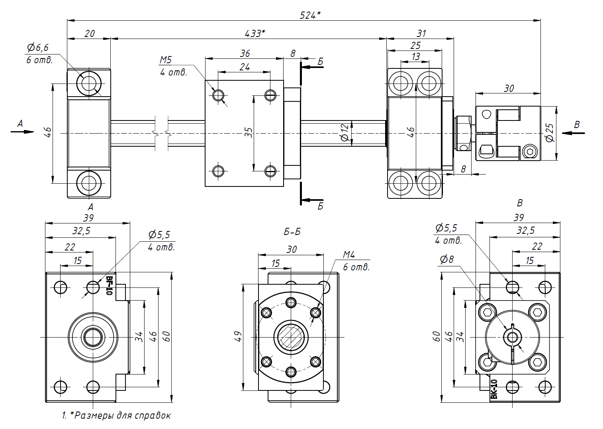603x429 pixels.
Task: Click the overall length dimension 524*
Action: pos(310,15)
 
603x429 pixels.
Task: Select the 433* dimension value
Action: pos(255,33)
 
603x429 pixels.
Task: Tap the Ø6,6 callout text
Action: pos(38,48)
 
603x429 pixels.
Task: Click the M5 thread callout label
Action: pos(166,60)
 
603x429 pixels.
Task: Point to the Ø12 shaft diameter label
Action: pos(345,133)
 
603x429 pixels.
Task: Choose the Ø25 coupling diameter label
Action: pos(550,133)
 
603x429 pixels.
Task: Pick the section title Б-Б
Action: pos(292,232)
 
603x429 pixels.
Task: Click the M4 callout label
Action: pos(349,254)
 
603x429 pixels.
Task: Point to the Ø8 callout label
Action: pos(447,260)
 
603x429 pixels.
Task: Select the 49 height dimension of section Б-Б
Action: pos(238,336)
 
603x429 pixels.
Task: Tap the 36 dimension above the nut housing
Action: pos(245,53)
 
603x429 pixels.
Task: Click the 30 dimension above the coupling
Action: pos(509,88)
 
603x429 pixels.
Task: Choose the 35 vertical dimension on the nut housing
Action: pos(249,132)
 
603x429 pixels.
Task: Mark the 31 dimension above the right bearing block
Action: pos(421,33)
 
